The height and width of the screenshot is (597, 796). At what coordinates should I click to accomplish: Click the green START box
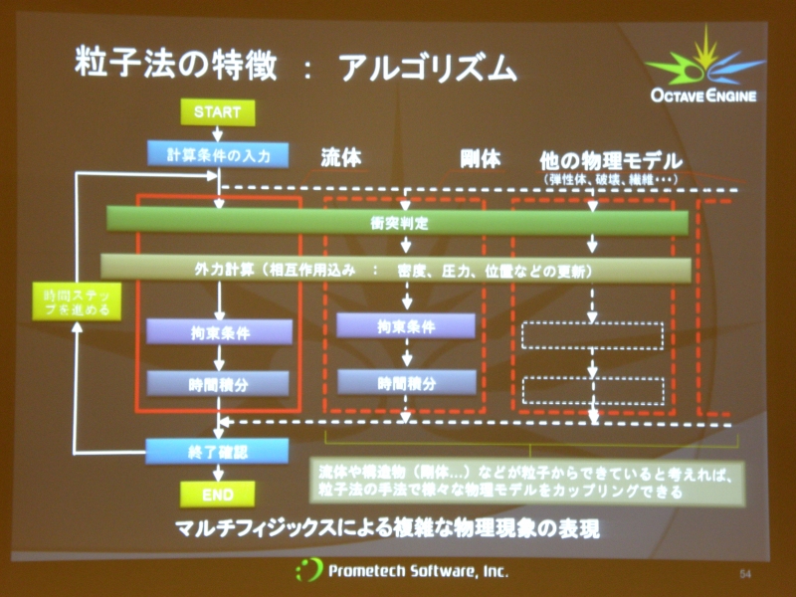(x=217, y=112)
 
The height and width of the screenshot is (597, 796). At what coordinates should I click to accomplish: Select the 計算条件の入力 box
(x=217, y=154)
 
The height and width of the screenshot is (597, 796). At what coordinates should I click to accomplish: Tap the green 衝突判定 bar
(x=398, y=222)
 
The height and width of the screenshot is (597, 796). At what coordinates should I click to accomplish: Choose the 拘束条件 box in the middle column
(x=405, y=325)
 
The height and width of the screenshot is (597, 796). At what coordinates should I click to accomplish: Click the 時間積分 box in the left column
(x=219, y=383)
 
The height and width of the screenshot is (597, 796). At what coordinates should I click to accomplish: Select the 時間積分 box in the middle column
(x=405, y=381)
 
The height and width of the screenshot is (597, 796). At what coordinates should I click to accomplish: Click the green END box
(x=217, y=493)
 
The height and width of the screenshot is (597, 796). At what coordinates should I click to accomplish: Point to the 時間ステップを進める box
(x=77, y=302)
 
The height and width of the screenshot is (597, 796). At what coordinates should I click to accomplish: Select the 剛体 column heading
(x=480, y=158)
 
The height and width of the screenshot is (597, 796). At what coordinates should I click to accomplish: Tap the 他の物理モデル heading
(x=610, y=160)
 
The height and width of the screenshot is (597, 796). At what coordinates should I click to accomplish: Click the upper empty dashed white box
(x=592, y=335)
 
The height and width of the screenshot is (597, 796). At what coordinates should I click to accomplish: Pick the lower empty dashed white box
(x=592, y=389)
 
